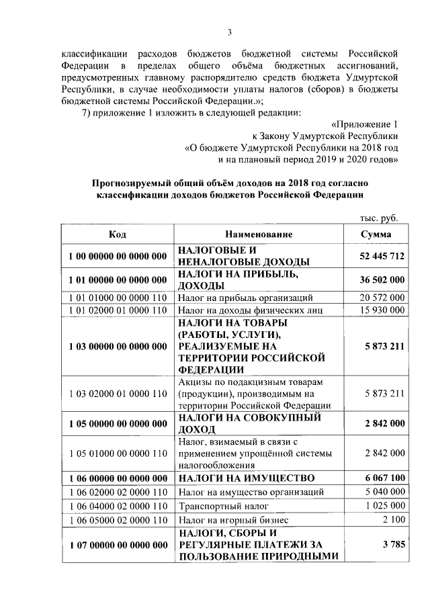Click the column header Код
117,234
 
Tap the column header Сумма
376,234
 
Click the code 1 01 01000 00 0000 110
118,298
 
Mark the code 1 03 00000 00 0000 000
118,347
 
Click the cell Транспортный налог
223,505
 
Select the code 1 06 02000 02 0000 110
118,492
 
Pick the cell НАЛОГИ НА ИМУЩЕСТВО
246,478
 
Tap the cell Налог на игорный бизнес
232,519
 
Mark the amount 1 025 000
382,505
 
